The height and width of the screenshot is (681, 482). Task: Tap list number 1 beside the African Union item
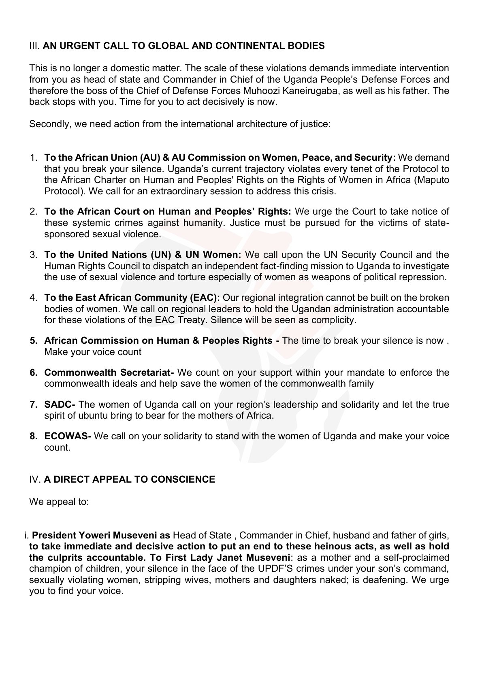click(34, 157)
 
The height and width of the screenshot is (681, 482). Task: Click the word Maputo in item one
click(433, 180)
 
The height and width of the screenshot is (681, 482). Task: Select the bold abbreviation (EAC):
click(205, 298)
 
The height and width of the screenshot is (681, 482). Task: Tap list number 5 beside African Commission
click(34, 341)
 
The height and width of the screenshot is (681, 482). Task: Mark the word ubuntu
click(109, 416)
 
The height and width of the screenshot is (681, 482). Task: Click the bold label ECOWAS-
click(68, 436)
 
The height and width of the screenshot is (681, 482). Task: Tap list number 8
click(34, 436)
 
